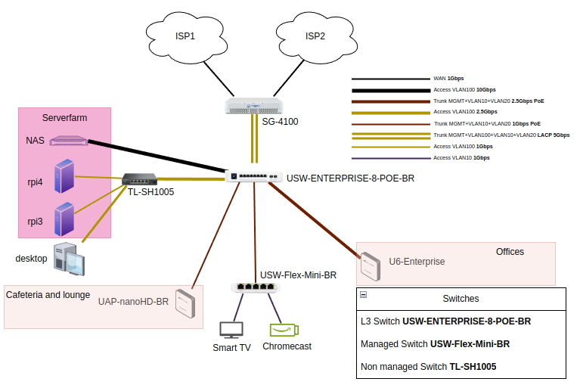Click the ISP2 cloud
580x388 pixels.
point(314,36)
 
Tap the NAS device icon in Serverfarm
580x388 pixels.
point(68,141)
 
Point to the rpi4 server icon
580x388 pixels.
point(64,178)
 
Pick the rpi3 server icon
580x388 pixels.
point(64,219)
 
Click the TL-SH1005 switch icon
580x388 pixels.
point(140,179)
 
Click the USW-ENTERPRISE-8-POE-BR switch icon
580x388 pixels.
point(255,176)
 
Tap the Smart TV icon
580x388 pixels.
point(231,330)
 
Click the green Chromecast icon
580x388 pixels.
point(284,330)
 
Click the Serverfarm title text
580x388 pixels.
point(65,119)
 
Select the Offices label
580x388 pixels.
point(510,252)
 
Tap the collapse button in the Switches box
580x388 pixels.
point(363,296)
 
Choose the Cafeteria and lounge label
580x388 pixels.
point(48,295)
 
